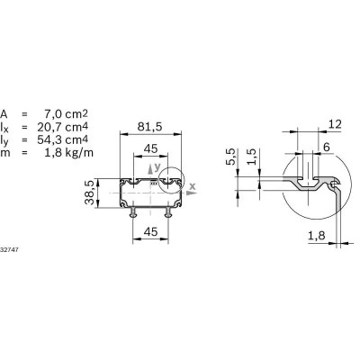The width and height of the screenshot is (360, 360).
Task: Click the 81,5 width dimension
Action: pos(150,124)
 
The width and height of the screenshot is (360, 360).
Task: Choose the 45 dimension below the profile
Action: pos(150,232)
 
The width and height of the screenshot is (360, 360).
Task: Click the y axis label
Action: pos(157,167)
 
